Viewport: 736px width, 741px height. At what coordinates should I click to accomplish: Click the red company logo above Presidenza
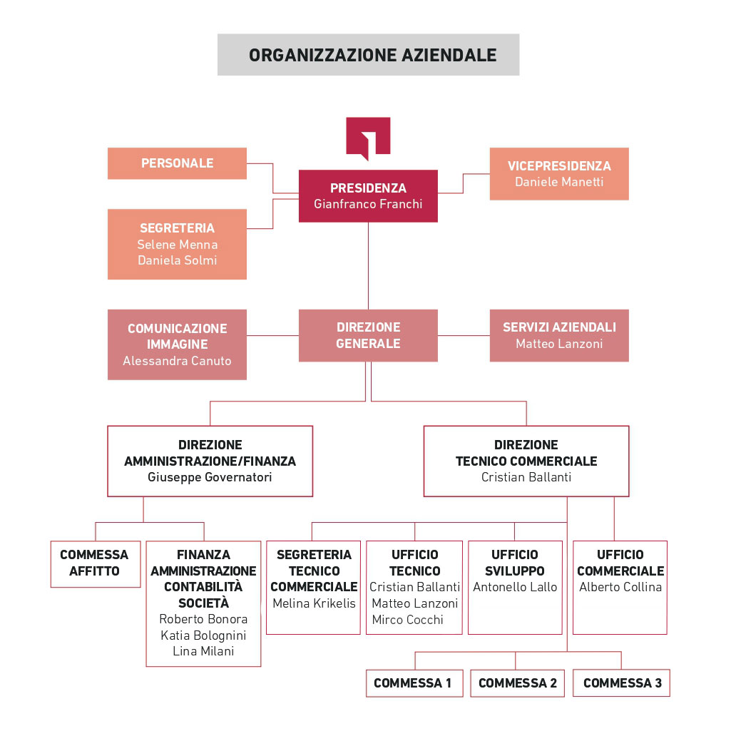[x=368, y=138]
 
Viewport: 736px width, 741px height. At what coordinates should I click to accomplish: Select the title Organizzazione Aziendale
[x=372, y=55]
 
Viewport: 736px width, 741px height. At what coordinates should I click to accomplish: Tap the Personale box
[x=178, y=163]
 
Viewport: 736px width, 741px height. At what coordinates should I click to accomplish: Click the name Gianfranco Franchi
[x=368, y=204]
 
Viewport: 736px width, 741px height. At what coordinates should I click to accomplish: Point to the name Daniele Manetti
[x=559, y=182]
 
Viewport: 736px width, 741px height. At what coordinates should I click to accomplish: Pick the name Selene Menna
[x=178, y=245]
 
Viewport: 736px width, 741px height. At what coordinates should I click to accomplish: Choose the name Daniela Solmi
[x=178, y=260]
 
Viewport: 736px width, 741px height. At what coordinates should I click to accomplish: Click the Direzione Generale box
[x=368, y=335]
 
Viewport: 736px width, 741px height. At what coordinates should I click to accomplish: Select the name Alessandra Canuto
[x=178, y=361]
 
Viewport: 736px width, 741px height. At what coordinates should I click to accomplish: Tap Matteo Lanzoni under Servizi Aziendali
[x=559, y=344]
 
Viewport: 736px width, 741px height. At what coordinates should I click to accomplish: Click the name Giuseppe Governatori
[x=210, y=477]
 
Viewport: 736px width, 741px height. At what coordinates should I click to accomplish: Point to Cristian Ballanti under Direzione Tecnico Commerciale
[x=526, y=477]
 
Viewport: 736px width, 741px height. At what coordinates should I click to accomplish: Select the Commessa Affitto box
[x=96, y=564]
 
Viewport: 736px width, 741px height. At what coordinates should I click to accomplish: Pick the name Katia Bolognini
[x=203, y=635]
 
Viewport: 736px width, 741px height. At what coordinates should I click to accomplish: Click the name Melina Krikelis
[x=314, y=603]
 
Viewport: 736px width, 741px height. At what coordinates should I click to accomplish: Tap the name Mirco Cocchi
[x=407, y=620]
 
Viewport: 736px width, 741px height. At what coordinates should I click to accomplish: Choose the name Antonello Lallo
[x=515, y=587]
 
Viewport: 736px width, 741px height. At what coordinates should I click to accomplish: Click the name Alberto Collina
[x=620, y=587]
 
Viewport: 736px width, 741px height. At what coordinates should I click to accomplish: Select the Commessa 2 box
[x=518, y=683]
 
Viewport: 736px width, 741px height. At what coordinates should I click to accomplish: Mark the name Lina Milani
[x=203, y=651]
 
